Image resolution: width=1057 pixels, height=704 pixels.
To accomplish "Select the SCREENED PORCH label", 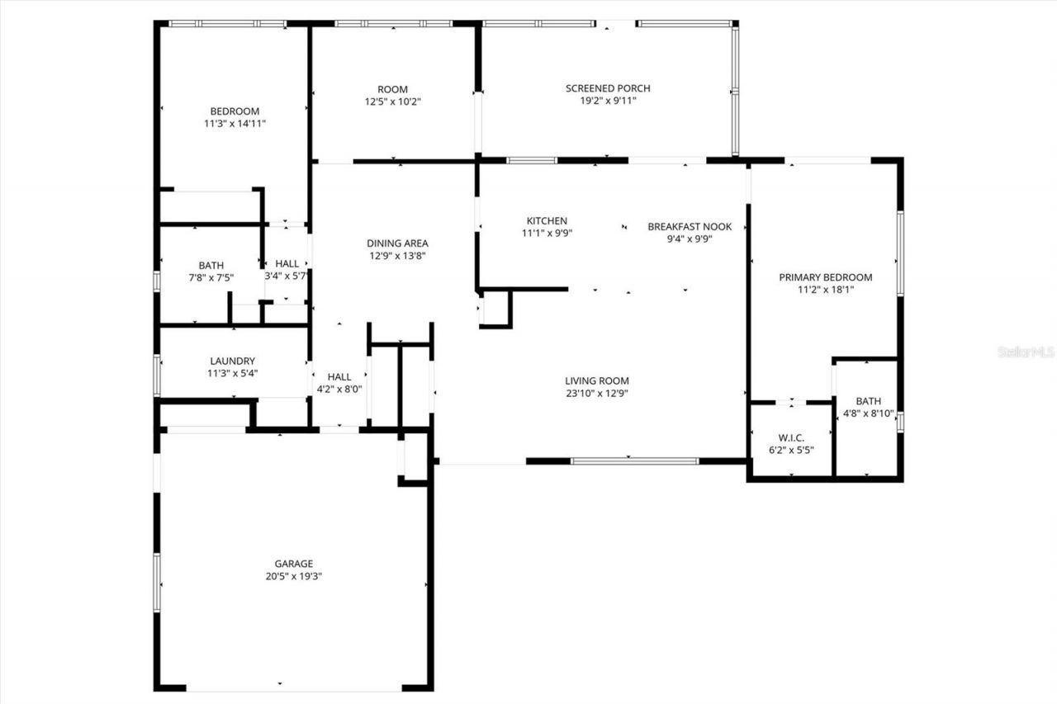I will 608,88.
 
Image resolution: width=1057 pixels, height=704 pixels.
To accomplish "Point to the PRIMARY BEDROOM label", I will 825,277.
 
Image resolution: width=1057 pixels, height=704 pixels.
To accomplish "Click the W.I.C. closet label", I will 791,437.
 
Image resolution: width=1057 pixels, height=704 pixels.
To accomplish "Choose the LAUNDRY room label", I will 232,361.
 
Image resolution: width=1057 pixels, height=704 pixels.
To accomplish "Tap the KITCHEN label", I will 547,220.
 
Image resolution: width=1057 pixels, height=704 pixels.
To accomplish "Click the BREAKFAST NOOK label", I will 690,226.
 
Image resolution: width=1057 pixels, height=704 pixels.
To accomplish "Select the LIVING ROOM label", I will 597,380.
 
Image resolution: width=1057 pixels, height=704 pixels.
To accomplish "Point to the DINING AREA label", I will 397,243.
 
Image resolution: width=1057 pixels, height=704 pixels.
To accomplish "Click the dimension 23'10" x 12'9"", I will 597,394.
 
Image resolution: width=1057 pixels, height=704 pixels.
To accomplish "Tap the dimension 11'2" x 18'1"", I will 825,291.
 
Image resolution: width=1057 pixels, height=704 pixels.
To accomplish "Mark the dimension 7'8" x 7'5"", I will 211,278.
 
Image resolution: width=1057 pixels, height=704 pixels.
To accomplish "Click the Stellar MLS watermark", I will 1026,352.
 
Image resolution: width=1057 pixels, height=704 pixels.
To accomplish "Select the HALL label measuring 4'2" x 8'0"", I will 339,376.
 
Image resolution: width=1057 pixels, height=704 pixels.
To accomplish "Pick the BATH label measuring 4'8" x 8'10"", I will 868,401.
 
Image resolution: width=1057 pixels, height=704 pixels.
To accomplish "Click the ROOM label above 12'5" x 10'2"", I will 392,89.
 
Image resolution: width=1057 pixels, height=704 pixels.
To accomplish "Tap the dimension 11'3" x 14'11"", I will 235,124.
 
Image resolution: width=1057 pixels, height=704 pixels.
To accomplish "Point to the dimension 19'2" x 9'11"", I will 608,101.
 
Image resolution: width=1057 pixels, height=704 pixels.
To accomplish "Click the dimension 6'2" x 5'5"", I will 791,450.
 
